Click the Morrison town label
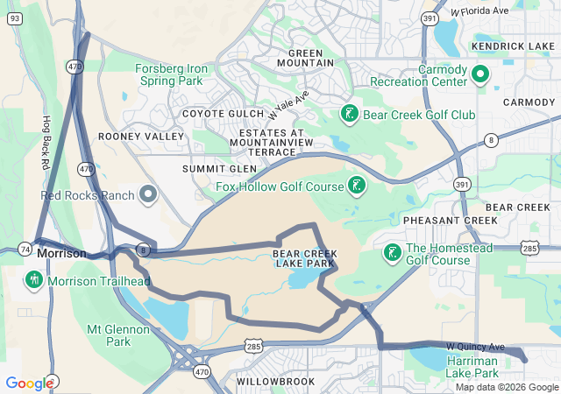coord(62,253)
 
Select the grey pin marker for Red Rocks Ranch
coord(148,193)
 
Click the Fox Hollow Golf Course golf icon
coord(356,186)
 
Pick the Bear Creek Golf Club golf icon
coord(349,113)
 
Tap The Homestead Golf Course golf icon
coord(391,253)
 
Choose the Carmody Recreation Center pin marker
coord(479,75)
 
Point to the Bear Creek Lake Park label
coord(303,258)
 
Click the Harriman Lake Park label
coord(473,367)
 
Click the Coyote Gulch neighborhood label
coord(223,114)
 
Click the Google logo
coord(29,383)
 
